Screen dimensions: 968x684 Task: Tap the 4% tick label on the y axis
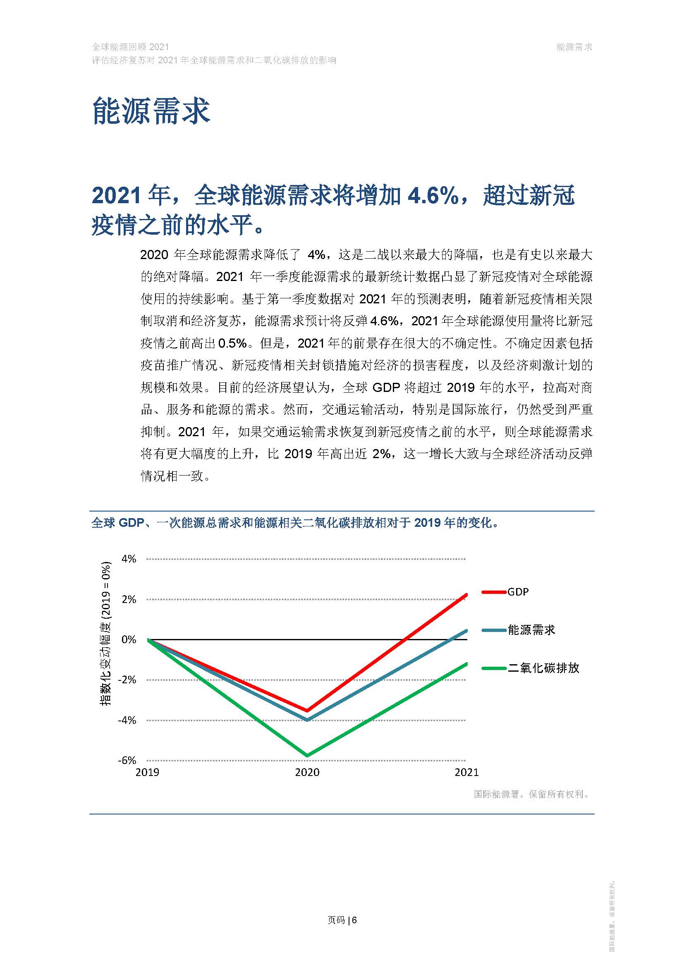click(129, 559)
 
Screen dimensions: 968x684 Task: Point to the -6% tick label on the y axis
click(127, 760)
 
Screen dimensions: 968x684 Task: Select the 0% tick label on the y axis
click(129, 639)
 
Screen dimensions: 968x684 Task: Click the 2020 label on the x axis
click(307, 772)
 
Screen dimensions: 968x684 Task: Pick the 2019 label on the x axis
click(147, 772)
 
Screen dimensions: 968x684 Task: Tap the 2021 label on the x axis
click(466, 772)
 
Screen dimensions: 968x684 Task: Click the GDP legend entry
click(518, 592)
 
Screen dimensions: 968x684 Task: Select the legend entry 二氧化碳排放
click(543, 668)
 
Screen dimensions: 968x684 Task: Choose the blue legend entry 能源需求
click(531, 630)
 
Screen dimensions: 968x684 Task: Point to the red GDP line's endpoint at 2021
click(466, 594)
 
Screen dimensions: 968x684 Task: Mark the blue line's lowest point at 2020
click(307, 720)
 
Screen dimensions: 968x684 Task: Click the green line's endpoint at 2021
click(466, 663)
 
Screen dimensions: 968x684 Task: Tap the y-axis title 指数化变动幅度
click(105, 634)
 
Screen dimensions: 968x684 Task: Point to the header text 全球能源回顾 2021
click(130, 47)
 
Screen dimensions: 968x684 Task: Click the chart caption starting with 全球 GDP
click(295, 523)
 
